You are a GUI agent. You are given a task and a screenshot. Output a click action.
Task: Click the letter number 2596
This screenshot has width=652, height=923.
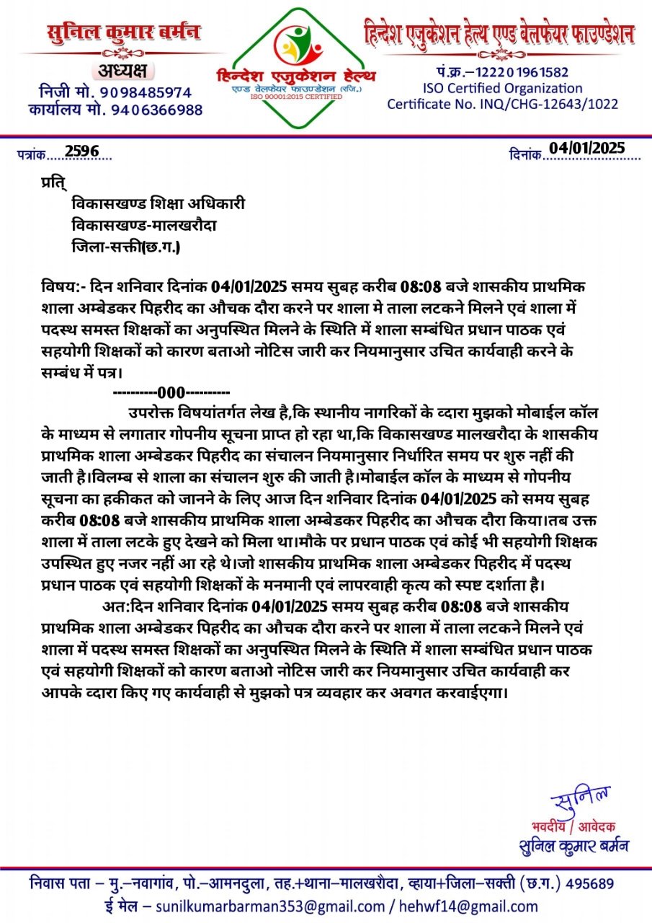[x=81, y=151]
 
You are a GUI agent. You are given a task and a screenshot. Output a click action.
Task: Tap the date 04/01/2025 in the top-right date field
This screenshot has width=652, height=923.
[x=586, y=148]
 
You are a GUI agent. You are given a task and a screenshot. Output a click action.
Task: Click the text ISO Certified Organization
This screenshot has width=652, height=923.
[x=502, y=88]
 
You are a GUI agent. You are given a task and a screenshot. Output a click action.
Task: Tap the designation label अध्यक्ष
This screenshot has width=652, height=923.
[x=120, y=71]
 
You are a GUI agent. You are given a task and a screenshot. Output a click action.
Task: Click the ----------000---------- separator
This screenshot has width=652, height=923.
[x=171, y=393]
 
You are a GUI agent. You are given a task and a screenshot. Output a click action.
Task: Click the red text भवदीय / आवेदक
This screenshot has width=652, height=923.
[x=573, y=826]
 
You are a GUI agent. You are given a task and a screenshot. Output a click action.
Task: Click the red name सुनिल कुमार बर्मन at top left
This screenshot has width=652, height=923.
[x=124, y=33]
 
